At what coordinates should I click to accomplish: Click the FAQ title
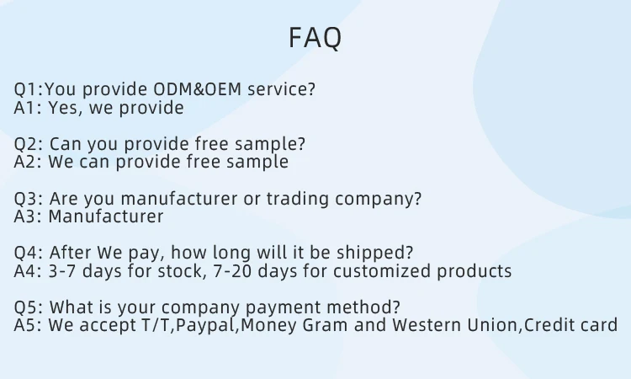pos(315,38)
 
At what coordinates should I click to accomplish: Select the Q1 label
pos(27,89)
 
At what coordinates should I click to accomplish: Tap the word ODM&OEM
pos(197,89)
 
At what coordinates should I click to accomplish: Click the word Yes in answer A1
pos(63,108)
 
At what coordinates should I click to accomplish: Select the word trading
pos(297,199)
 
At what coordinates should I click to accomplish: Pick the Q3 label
pos(27,199)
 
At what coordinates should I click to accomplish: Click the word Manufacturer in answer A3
pos(106,216)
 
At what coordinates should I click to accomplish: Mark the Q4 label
pos(27,253)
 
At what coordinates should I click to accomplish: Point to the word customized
pos(382,271)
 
